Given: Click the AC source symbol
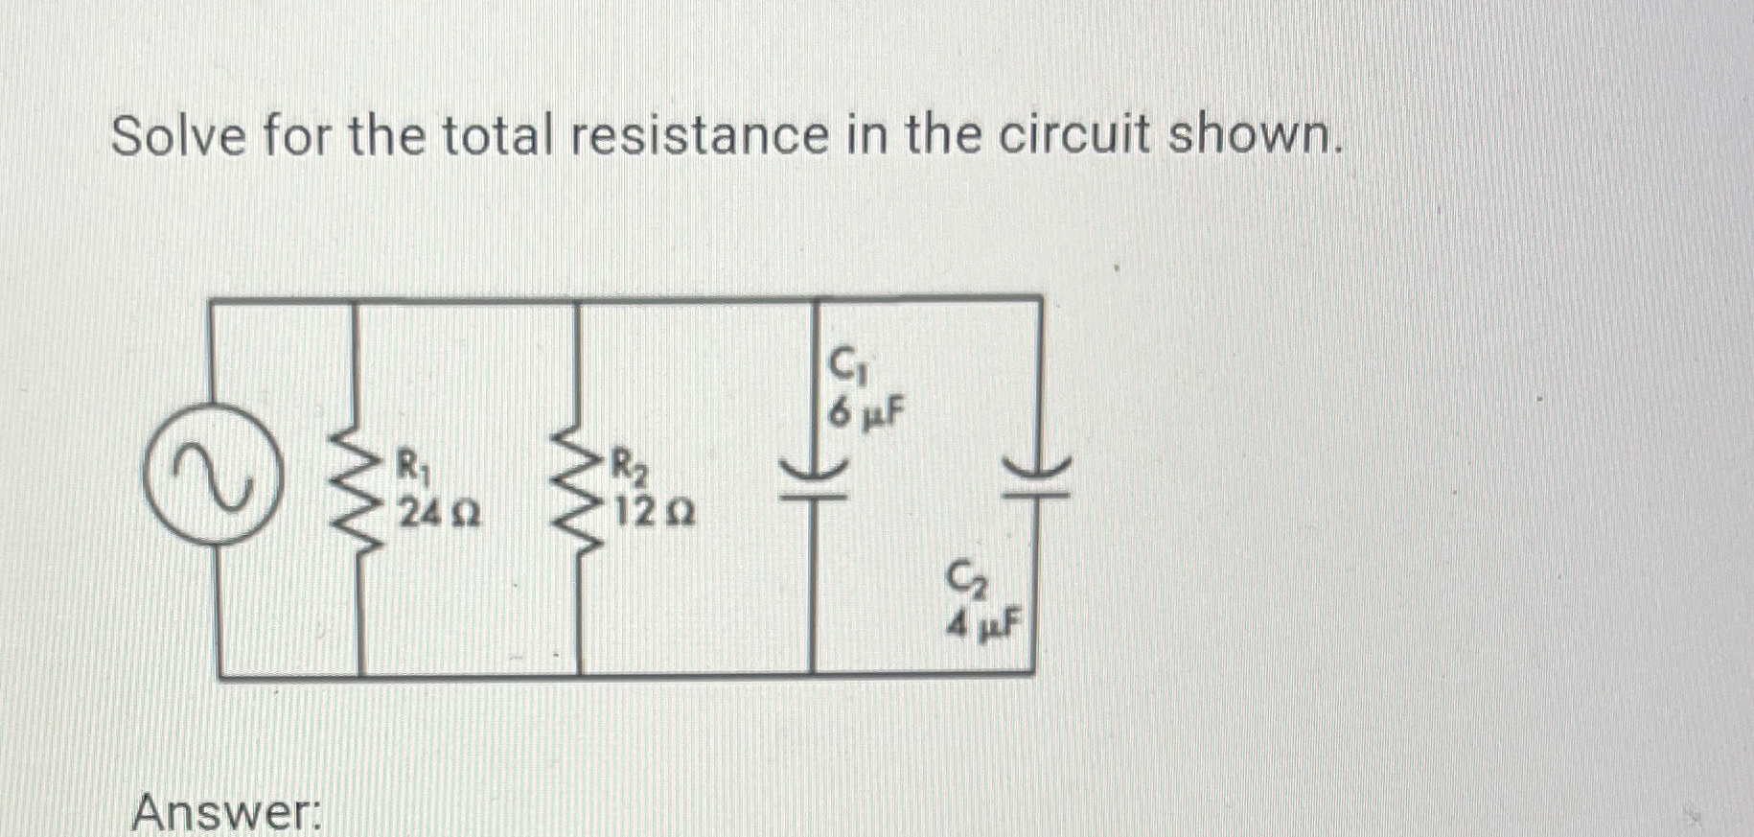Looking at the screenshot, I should coord(213,477).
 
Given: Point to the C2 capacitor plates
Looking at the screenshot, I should coord(1036,477).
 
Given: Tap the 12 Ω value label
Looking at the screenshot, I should coord(655,515).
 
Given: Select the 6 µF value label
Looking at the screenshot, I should coord(866,414).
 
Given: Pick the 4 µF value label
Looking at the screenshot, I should coord(984,627).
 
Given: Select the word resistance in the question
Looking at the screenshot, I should coord(700,136).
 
